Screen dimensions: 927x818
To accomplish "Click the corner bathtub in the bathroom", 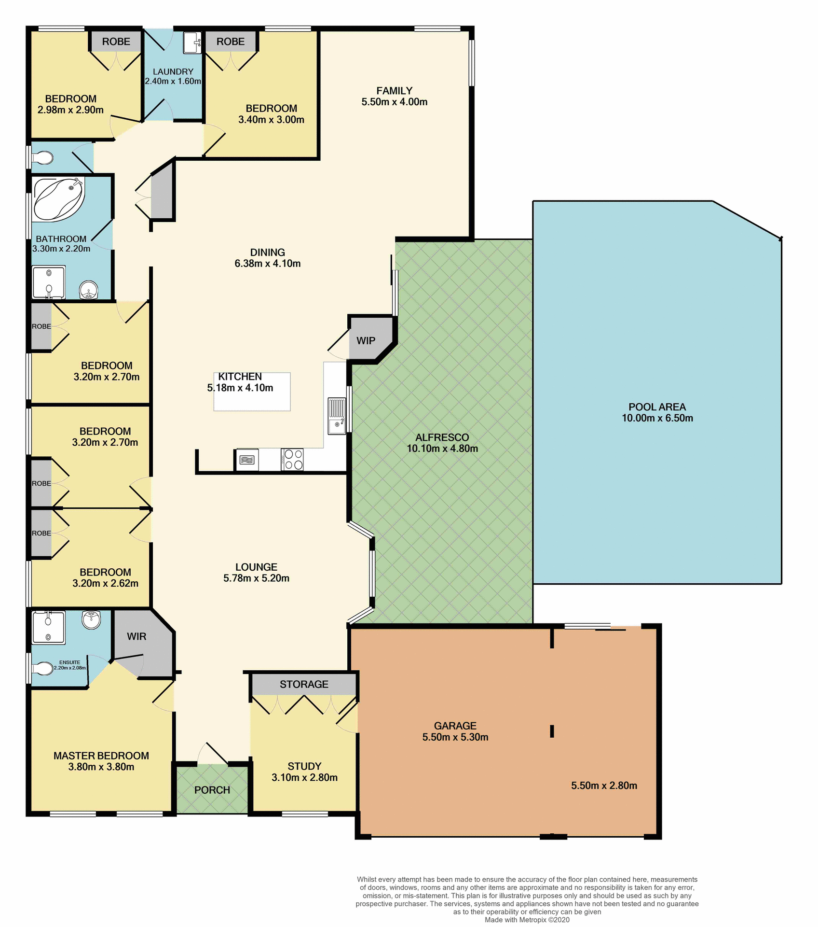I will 58,198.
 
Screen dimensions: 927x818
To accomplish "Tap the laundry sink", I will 192,43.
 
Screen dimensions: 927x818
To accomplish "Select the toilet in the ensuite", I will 44,668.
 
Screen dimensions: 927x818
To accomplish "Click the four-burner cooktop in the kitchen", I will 292,459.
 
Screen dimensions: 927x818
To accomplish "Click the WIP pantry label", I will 366,341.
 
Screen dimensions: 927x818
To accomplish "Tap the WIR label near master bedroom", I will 136,636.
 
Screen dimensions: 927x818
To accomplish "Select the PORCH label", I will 212,790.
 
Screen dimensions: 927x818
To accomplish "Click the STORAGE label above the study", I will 304,684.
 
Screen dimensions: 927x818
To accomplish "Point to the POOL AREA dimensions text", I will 657,418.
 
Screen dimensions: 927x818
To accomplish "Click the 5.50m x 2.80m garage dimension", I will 604,786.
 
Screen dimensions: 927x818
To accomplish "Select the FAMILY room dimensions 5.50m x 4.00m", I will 394,102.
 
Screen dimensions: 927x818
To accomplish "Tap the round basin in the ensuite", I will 91,619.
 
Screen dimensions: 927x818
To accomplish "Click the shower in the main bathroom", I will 48,282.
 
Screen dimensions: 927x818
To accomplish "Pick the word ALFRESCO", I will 442,437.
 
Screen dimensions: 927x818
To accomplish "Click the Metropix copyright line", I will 527,920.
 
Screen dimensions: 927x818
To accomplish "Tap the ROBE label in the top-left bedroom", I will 116,42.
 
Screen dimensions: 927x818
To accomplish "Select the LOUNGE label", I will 256,567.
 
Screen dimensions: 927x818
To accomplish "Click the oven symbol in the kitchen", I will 247,460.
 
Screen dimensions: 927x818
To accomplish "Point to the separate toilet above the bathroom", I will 43,157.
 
